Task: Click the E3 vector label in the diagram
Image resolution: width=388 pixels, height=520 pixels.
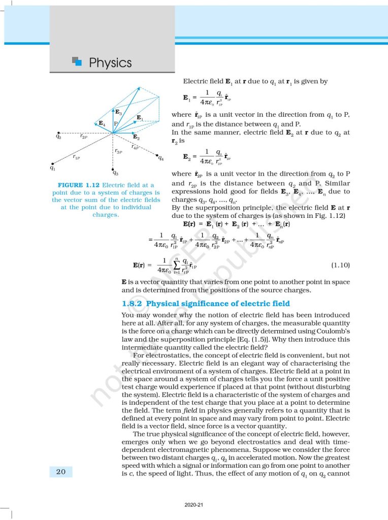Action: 118,112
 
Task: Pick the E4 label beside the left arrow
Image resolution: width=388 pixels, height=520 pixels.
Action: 102,123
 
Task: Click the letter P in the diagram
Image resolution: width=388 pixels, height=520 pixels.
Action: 116,124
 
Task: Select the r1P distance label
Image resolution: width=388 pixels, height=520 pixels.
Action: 77,157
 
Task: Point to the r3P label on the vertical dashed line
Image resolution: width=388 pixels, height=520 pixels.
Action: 118,151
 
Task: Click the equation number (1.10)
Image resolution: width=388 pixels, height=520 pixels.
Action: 340,265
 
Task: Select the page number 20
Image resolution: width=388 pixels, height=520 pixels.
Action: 61,472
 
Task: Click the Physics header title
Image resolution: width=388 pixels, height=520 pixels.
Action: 110,63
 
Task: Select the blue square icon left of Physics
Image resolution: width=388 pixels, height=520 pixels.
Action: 77,61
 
